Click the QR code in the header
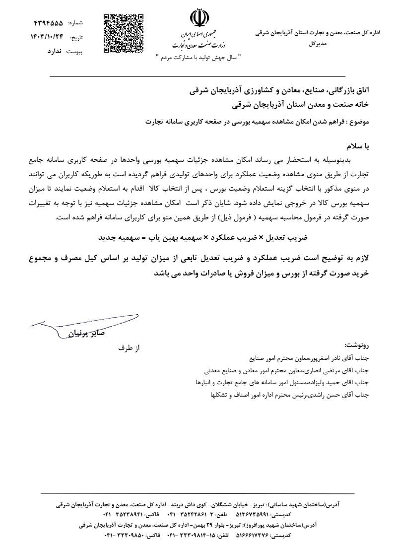pyautogui.click(x=124, y=34)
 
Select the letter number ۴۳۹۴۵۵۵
pyautogui.click(x=48, y=23)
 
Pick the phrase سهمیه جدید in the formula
pyautogui.click(x=115, y=238)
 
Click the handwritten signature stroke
pyautogui.click(x=84, y=320)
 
